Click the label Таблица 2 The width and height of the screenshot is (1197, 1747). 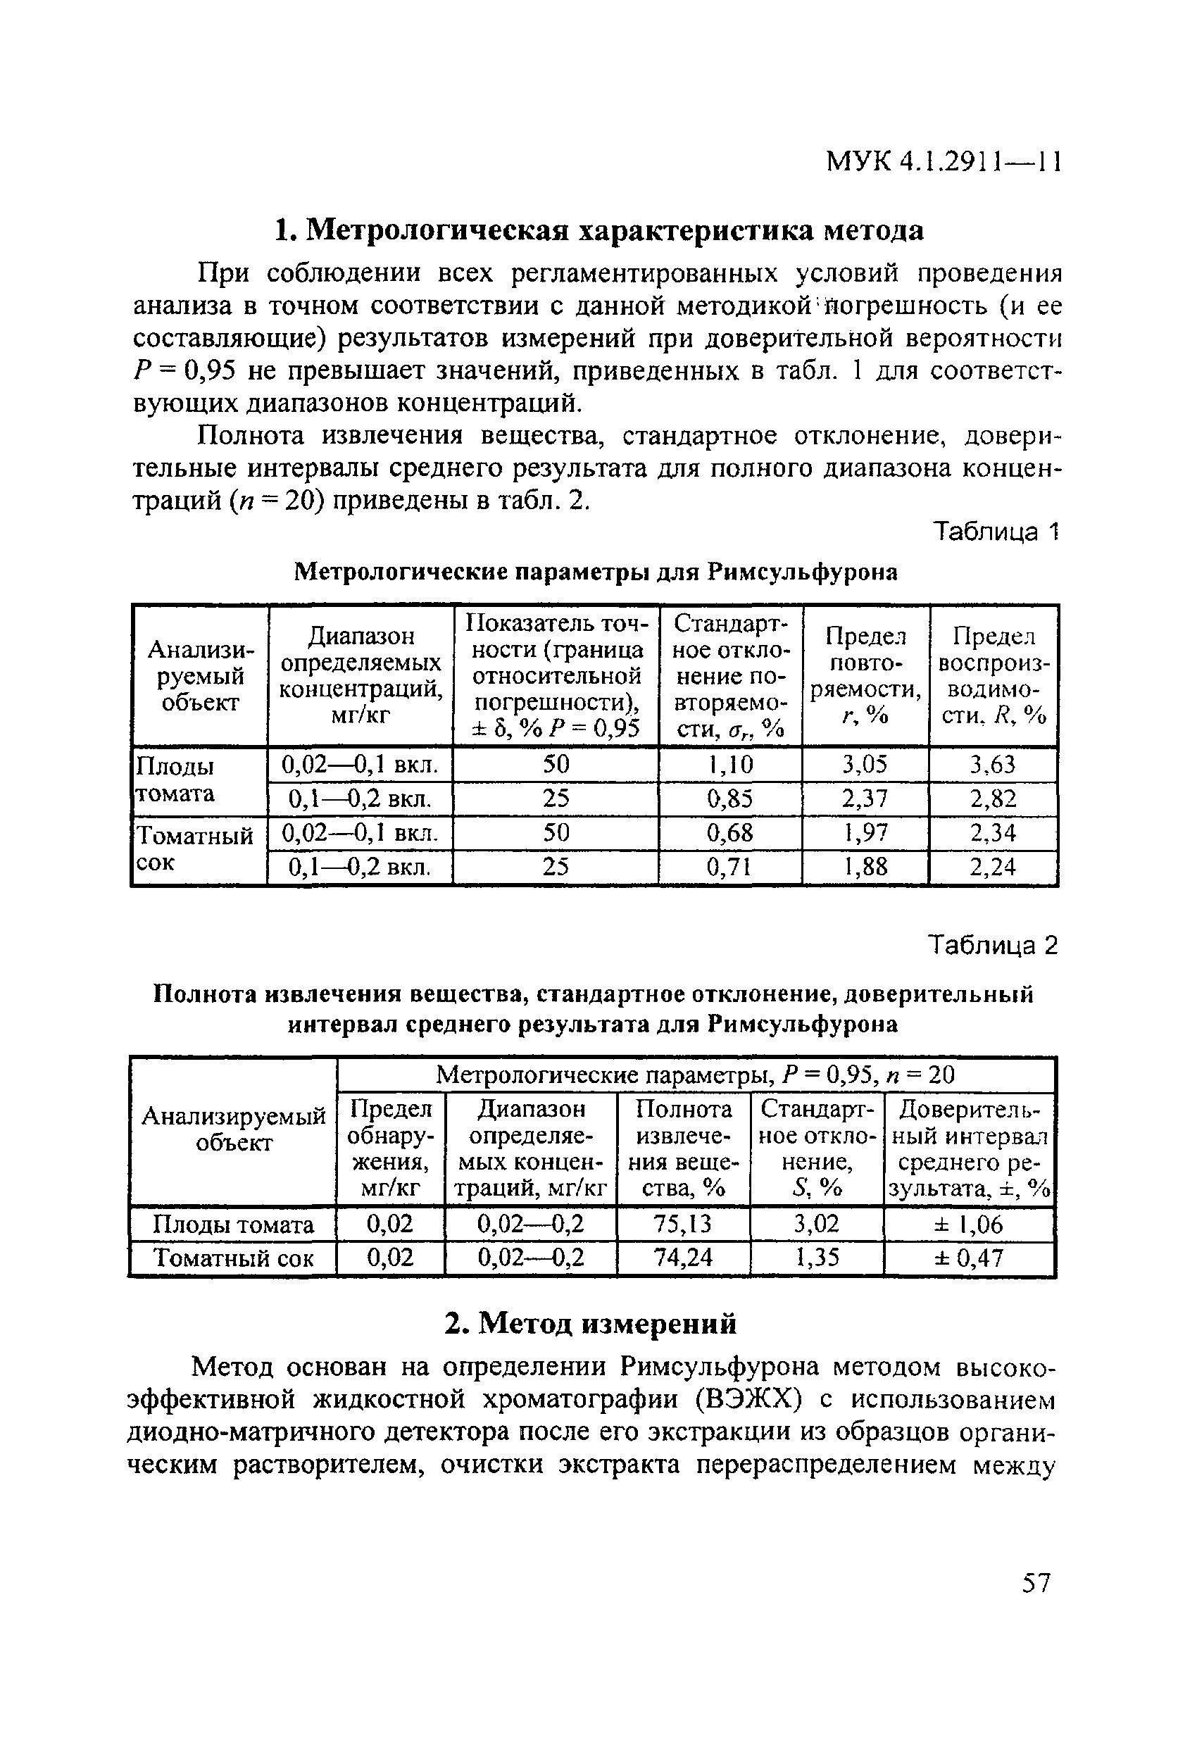[993, 945]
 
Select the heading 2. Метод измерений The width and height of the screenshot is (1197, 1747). [590, 1323]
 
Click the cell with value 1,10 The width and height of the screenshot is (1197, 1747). [729, 765]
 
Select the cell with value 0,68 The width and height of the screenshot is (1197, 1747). [729, 832]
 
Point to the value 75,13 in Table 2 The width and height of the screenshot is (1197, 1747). [683, 1225]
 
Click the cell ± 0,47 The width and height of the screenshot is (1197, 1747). [968, 1258]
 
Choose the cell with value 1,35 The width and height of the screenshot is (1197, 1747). [817, 1258]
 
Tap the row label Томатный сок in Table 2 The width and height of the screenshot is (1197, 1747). [233, 1258]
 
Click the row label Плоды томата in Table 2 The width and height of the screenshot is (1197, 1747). [233, 1225]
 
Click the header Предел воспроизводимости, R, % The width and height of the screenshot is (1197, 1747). [994, 676]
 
